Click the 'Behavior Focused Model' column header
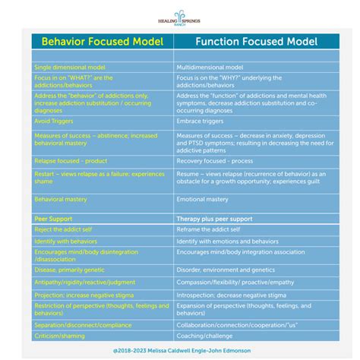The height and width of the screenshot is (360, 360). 102,41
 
